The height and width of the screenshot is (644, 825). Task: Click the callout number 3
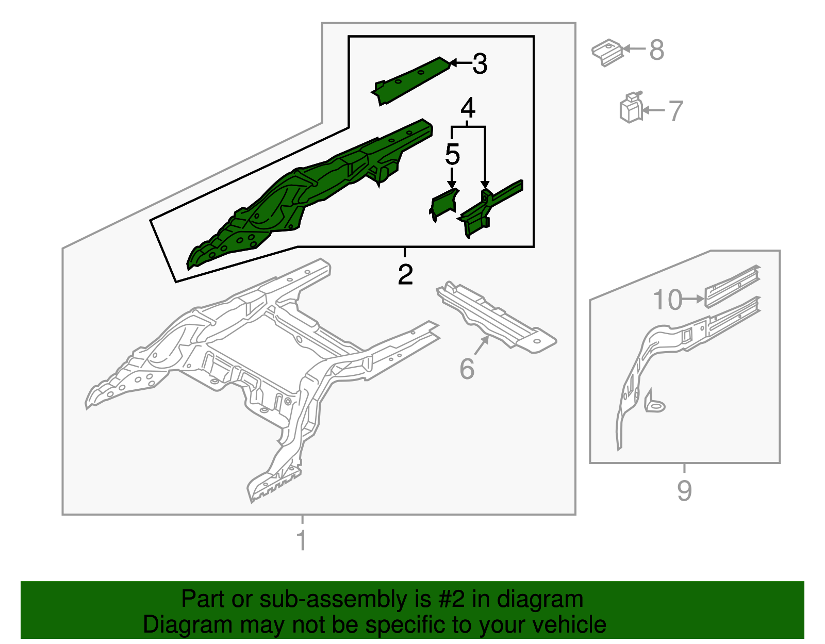[x=480, y=64]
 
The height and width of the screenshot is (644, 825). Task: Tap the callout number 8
[x=657, y=49]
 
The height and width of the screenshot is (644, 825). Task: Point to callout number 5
[x=452, y=154]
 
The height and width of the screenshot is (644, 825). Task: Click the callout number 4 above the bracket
[x=468, y=108]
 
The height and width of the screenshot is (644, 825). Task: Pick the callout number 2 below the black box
[x=405, y=274]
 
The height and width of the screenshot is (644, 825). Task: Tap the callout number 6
[x=467, y=368]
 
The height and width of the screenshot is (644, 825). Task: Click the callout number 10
[x=667, y=300]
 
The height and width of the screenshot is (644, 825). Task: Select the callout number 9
[x=685, y=490]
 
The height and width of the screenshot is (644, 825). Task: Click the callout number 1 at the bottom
[x=302, y=540]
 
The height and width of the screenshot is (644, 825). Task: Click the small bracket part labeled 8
[x=607, y=53]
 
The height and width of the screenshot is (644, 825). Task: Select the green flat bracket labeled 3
[x=410, y=80]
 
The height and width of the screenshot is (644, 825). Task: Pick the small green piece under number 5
[x=443, y=205]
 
